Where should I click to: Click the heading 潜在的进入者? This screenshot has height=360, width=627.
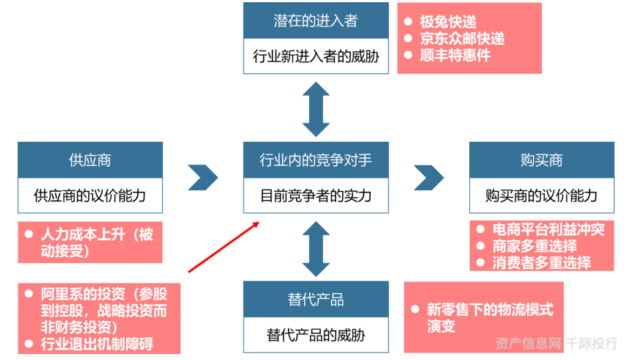316,21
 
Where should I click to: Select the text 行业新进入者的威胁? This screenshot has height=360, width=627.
316,56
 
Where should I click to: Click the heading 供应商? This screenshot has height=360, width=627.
90,160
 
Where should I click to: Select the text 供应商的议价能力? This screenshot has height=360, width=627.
90,195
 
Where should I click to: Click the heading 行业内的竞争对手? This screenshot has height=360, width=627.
316,160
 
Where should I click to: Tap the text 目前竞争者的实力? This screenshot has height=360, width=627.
316,195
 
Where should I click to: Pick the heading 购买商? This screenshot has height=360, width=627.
541,160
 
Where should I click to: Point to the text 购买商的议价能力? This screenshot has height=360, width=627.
541,195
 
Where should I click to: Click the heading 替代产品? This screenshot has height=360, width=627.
316,300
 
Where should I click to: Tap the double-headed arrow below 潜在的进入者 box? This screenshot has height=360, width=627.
316,109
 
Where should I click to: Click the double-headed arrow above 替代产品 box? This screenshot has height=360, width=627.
316,249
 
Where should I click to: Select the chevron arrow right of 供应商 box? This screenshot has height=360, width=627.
203,177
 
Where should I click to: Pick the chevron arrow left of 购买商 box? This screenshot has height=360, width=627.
429,177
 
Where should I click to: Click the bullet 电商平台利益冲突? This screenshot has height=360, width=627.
548,230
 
